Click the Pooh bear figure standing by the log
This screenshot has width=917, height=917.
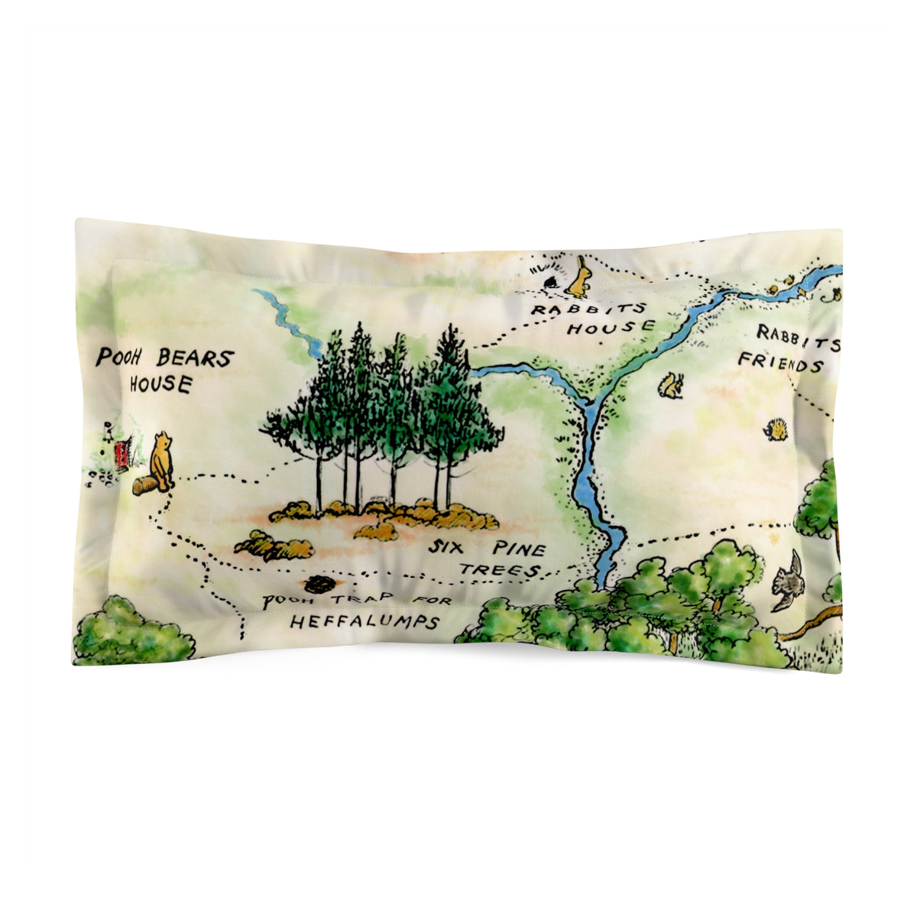(x=161, y=461)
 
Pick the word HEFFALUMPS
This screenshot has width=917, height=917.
(x=365, y=622)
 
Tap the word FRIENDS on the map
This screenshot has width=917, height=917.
(x=780, y=361)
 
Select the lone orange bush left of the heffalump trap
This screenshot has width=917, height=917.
(x=274, y=546)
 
